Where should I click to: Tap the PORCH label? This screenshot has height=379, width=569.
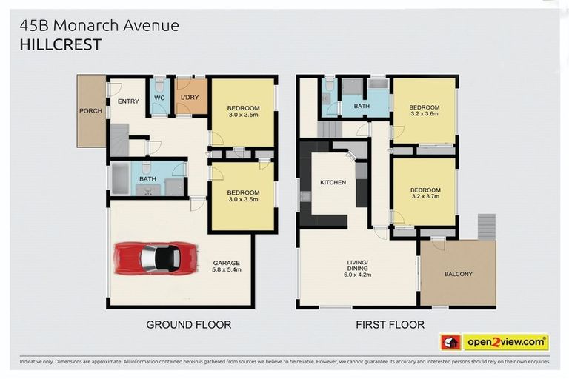point(90,111)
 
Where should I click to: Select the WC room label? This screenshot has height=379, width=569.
point(159,98)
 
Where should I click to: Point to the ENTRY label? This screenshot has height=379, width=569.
point(128,101)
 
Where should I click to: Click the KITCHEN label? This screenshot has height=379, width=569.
point(333,181)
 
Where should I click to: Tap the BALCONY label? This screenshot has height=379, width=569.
point(459,274)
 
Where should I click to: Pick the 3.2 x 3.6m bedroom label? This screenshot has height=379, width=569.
point(425,110)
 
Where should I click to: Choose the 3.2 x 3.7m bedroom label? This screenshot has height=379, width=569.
point(425,192)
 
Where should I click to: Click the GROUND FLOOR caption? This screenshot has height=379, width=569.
point(188,324)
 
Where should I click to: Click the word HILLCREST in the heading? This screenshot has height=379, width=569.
point(61,44)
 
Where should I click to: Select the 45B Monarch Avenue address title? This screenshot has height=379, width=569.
point(99,25)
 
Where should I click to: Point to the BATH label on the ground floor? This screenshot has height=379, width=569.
point(147,178)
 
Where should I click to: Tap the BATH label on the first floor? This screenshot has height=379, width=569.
point(362,107)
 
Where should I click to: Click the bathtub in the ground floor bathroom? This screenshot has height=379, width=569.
point(119,178)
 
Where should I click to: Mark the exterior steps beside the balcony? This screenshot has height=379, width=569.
point(485,226)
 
